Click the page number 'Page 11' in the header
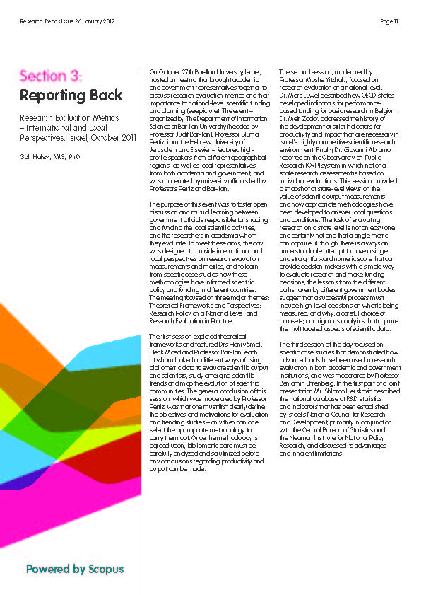tap(389, 21)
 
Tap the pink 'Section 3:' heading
tap(51, 76)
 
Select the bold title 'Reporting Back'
tap(71, 95)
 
